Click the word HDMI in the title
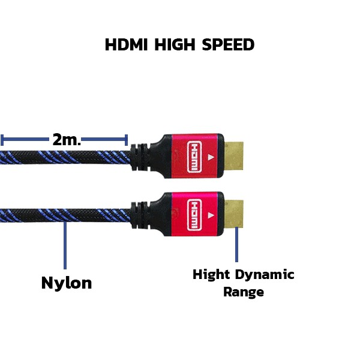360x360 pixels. (x=126, y=44)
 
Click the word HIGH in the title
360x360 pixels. (x=175, y=44)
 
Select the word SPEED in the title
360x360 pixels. (x=228, y=44)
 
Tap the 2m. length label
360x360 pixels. (x=67, y=139)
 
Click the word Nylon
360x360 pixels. (x=67, y=284)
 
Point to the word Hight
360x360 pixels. (x=211, y=275)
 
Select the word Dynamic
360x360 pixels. (x=265, y=275)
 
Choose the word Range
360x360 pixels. (x=244, y=293)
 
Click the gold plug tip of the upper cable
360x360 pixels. (x=234, y=156)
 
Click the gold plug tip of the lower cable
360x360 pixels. (x=234, y=214)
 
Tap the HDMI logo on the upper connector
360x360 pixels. (x=194, y=157)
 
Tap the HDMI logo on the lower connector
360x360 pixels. (x=194, y=215)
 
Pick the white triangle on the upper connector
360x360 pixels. (x=211, y=157)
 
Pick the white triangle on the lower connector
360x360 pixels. (x=211, y=215)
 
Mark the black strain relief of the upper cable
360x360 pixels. (x=140, y=157)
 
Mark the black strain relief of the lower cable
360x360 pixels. (x=140, y=215)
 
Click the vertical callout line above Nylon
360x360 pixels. (x=65, y=245)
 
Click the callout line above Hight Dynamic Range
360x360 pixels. (x=237, y=244)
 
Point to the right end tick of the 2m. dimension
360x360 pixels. (x=126, y=140)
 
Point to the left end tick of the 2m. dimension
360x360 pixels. (x=2, y=140)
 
